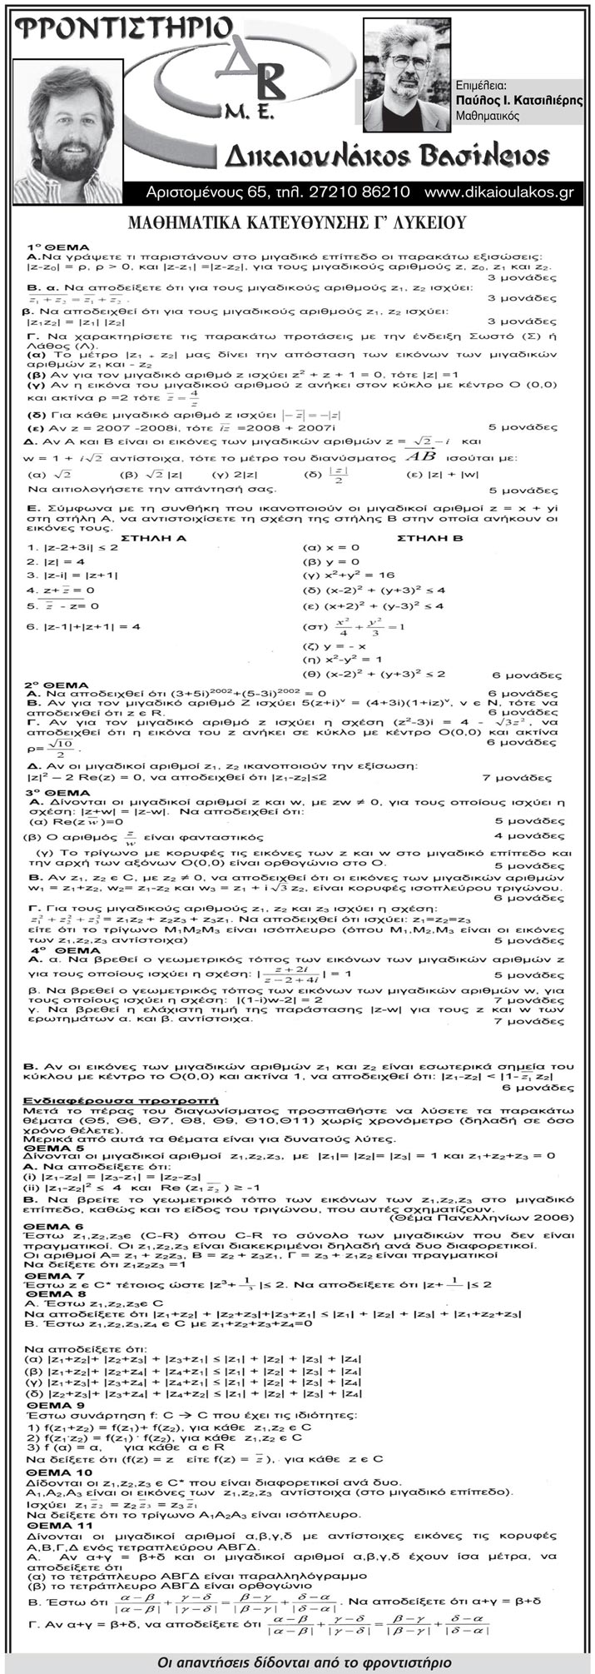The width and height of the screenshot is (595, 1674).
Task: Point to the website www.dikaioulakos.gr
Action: [498, 192]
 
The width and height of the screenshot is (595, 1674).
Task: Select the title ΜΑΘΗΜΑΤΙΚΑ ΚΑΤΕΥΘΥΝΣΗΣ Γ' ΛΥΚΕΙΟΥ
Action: [297, 222]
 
